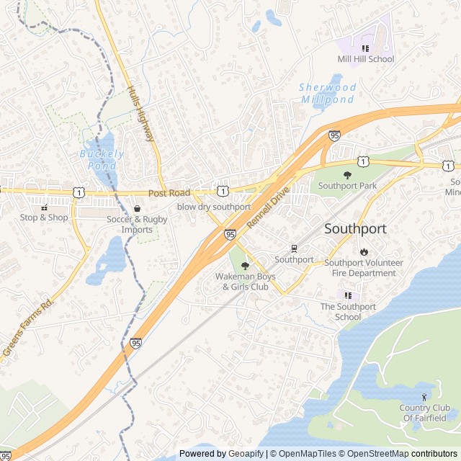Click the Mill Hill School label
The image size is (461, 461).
pyautogui.click(x=366, y=59)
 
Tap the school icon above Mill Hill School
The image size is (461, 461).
pyautogui.click(x=365, y=48)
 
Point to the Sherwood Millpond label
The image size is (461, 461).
pyautogui.click(x=328, y=93)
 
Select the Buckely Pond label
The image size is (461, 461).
pyautogui.click(x=102, y=159)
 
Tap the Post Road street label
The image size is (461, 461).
pyautogui.click(x=169, y=193)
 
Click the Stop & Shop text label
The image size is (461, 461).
pyautogui.click(x=44, y=218)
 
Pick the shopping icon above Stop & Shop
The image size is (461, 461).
pyautogui.click(x=44, y=207)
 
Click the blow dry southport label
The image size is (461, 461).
pyautogui.click(x=214, y=207)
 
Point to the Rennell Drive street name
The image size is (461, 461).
pyautogui.click(x=267, y=208)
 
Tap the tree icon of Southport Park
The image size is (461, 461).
pyautogui.click(x=348, y=174)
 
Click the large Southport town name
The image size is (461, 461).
pyautogui.click(x=355, y=229)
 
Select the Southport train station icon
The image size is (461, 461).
pyautogui.click(x=294, y=249)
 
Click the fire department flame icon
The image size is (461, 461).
pyautogui.click(x=364, y=252)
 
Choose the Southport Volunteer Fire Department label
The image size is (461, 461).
pyautogui.click(x=364, y=268)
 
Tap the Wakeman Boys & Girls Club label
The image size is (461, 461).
pyautogui.click(x=245, y=282)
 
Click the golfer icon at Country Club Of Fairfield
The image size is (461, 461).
pyautogui.click(x=424, y=397)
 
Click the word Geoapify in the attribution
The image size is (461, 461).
pyautogui.click(x=246, y=454)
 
